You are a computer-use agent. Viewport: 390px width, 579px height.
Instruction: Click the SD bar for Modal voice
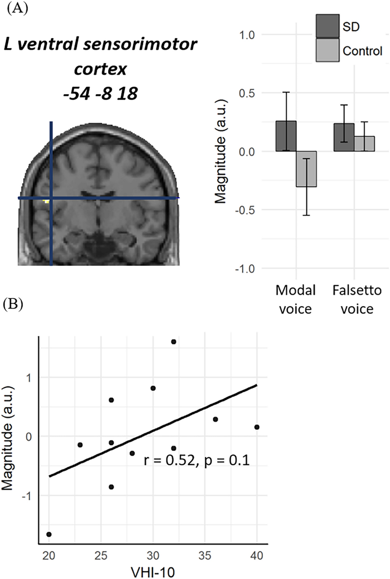(x=286, y=136)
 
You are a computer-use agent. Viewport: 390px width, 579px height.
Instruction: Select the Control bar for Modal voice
(x=306, y=169)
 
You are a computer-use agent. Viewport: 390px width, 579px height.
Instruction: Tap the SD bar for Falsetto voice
(x=344, y=137)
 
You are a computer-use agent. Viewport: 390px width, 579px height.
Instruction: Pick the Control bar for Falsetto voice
(x=364, y=144)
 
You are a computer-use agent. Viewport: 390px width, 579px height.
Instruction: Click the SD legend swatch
(x=327, y=26)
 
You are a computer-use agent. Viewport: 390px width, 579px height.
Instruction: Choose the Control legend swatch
(x=327, y=50)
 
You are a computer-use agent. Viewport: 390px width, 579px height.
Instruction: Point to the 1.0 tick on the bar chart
(x=247, y=35)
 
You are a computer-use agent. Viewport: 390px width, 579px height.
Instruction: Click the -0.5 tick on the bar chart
(x=245, y=210)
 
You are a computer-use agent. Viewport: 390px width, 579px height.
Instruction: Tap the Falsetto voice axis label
(x=357, y=299)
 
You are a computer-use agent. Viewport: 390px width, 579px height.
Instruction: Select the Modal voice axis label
(x=296, y=299)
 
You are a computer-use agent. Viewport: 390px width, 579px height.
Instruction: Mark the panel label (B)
(x=13, y=304)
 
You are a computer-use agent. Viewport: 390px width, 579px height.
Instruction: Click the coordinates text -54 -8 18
(x=101, y=94)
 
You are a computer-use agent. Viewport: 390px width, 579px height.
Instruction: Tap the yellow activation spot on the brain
(x=47, y=201)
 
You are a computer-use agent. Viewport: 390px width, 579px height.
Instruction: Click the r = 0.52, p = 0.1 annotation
(x=197, y=460)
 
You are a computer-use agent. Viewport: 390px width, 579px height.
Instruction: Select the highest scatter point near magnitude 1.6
(x=174, y=342)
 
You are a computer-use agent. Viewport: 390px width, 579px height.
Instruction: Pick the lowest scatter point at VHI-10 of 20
(x=49, y=534)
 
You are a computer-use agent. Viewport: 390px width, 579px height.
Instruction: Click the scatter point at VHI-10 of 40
(x=257, y=427)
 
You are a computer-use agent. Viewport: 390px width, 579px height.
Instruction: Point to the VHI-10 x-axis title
(x=153, y=572)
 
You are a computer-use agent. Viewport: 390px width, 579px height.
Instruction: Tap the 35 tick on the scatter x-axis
(x=205, y=556)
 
